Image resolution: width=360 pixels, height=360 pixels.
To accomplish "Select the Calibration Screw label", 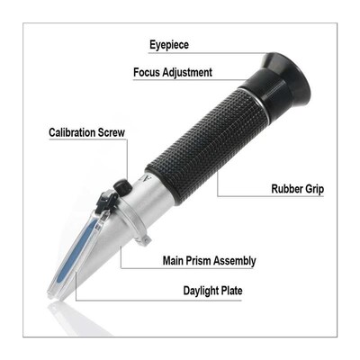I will click(x=87, y=132).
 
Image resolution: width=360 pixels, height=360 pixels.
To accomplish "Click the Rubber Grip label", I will click(x=297, y=190).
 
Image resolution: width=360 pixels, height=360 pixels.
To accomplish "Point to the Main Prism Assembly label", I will click(x=209, y=261).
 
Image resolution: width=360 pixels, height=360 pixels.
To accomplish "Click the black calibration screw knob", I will click(x=120, y=187).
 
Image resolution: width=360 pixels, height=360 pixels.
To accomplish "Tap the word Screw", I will click(x=110, y=132).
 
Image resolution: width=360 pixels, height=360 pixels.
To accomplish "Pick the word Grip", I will click(x=311, y=190).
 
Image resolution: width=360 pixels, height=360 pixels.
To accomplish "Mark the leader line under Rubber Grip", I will click(x=243, y=195).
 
